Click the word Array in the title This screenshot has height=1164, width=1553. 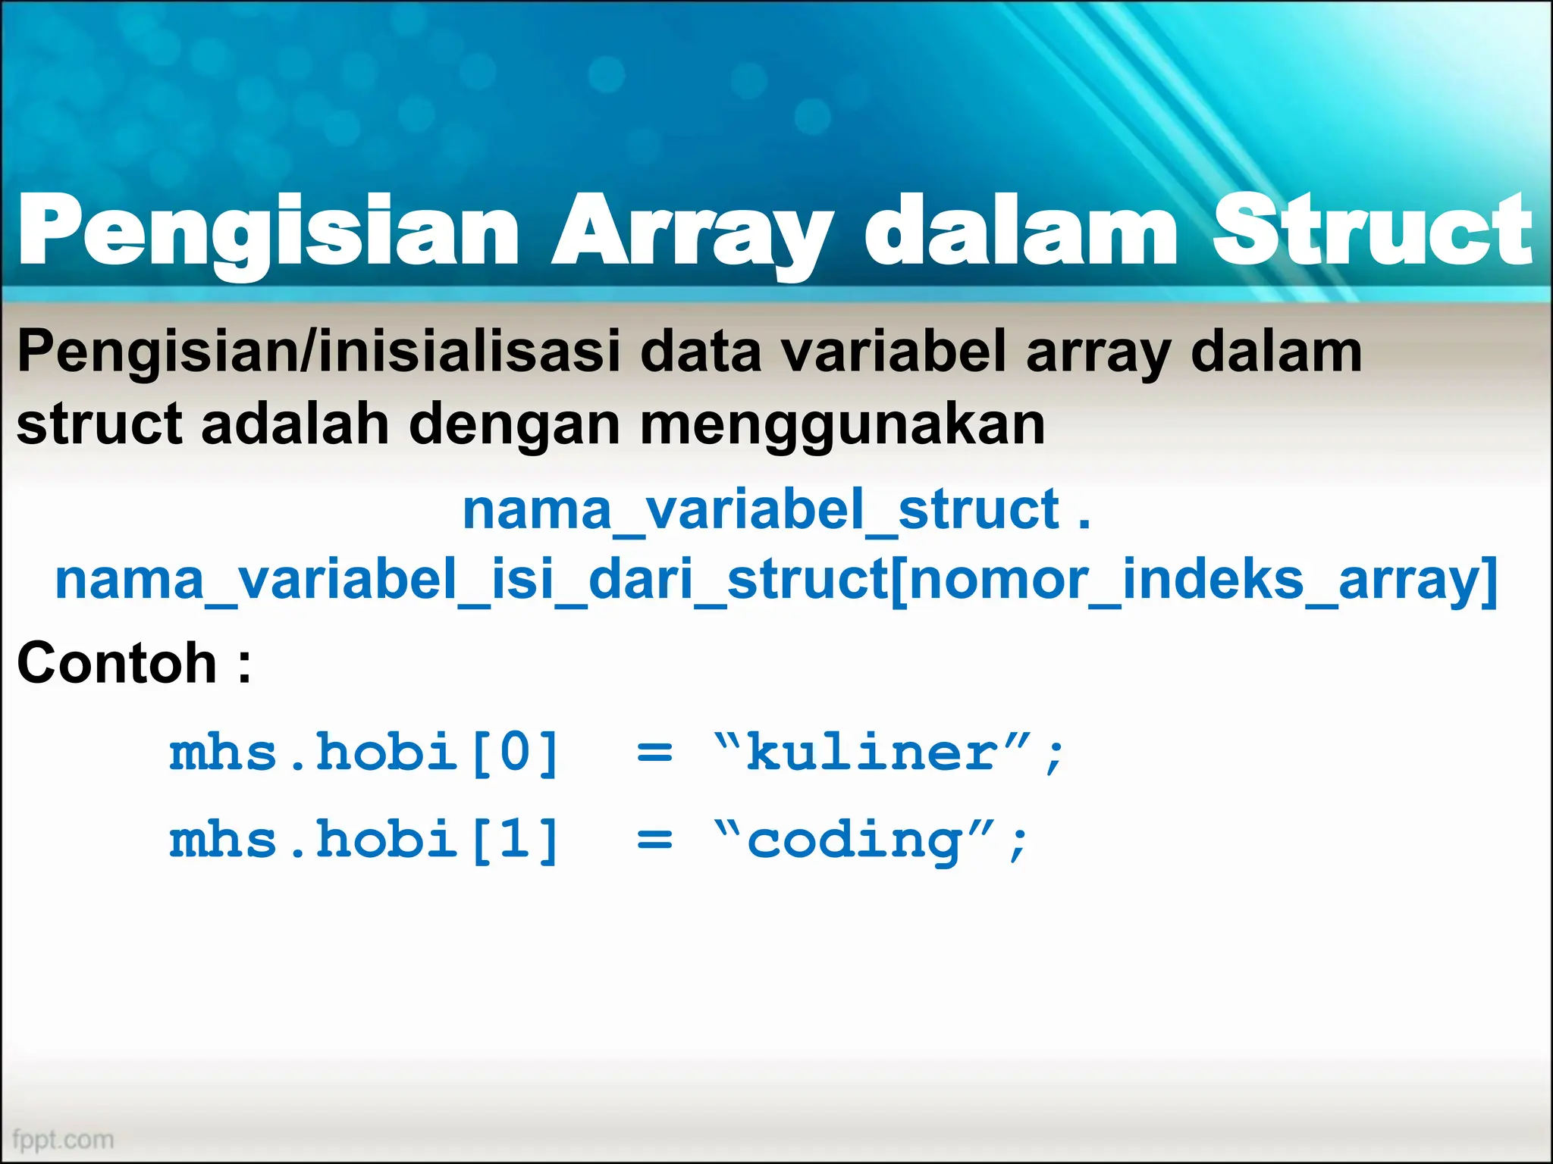(x=692, y=230)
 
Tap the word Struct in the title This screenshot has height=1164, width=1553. (x=1373, y=230)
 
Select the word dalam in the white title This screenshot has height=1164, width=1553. (x=1020, y=230)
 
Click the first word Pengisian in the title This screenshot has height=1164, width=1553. (x=269, y=230)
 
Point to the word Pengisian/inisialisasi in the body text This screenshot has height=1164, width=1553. (x=318, y=352)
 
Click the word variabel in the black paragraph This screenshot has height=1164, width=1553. (x=895, y=352)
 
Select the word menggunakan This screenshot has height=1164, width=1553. (x=842, y=424)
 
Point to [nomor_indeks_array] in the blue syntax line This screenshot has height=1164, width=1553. (x=1194, y=580)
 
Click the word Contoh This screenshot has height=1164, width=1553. (x=118, y=663)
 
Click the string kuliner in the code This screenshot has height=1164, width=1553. (x=872, y=753)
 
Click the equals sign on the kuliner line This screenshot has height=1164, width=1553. (x=654, y=754)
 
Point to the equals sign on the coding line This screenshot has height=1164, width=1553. (x=654, y=841)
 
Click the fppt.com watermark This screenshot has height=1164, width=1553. (x=63, y=1140)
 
